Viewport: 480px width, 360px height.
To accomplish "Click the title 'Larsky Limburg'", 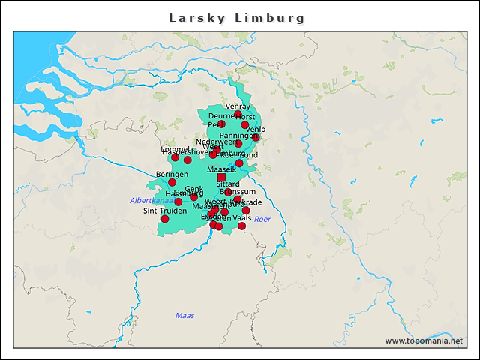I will tap(237, 17).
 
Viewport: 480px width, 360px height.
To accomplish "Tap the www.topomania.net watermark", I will tap(424, 340).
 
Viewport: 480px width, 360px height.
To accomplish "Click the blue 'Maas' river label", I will tap(184, 315).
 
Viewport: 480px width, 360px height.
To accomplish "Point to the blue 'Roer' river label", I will tap(262, 219).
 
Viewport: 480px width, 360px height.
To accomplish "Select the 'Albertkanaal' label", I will tap(151, 201).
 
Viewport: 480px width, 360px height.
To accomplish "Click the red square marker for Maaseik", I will tap(221, 178).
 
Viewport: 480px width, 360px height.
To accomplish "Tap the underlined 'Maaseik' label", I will tap(221, 170).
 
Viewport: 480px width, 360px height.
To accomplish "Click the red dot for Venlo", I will tap(256, 137).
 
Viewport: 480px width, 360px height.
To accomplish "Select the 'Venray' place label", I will tap(238, 106).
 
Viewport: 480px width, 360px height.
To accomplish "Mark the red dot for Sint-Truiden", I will tap(165, 219).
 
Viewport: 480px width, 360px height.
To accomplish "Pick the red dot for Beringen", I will tap(172, 182).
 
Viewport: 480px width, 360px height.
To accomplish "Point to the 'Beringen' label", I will tap(172, 174).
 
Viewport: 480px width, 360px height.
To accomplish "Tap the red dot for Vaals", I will tap(241, 226).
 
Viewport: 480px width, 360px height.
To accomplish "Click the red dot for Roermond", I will tap(239, 163).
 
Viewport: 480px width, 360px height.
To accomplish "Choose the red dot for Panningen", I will tap(238, 143).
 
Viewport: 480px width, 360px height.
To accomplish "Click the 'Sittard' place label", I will tap(228, 184).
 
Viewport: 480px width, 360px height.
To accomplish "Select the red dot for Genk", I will tap(193, 196).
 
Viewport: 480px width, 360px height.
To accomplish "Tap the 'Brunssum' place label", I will tap(238, 192).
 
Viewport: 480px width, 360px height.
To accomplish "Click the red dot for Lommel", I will tap(175, 157).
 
